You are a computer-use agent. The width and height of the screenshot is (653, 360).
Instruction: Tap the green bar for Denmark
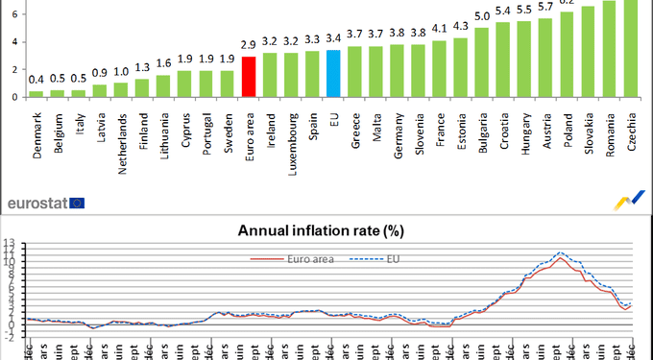coord(36,93)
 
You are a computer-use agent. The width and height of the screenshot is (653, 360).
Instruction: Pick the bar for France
coord(439,68)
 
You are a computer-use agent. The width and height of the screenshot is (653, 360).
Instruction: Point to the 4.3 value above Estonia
coord(460,26)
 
